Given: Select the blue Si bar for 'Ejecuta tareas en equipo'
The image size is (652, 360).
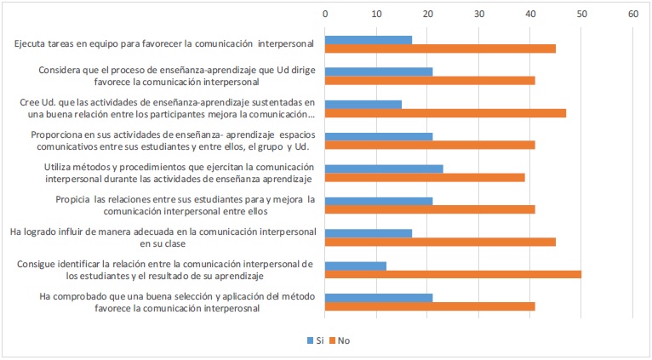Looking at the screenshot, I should point(369,39).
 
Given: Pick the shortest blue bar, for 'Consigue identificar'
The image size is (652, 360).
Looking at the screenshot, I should point(356,265).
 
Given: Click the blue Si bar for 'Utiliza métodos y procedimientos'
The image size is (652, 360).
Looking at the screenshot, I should point(384,169).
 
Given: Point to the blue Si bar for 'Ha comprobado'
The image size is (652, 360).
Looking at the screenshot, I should point(379,297).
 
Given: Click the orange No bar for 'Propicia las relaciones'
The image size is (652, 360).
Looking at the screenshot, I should point(430,209).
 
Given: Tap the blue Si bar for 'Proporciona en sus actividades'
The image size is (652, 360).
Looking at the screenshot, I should point(379,136).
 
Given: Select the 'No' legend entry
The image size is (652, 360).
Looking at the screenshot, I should point(338,340).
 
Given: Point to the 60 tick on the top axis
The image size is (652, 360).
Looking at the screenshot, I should point(632,14).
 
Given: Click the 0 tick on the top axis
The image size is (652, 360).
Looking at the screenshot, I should point(325,14).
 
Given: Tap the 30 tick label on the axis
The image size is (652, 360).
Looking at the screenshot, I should point(479,14).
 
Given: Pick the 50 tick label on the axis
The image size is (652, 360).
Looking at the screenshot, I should point(581,14).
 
